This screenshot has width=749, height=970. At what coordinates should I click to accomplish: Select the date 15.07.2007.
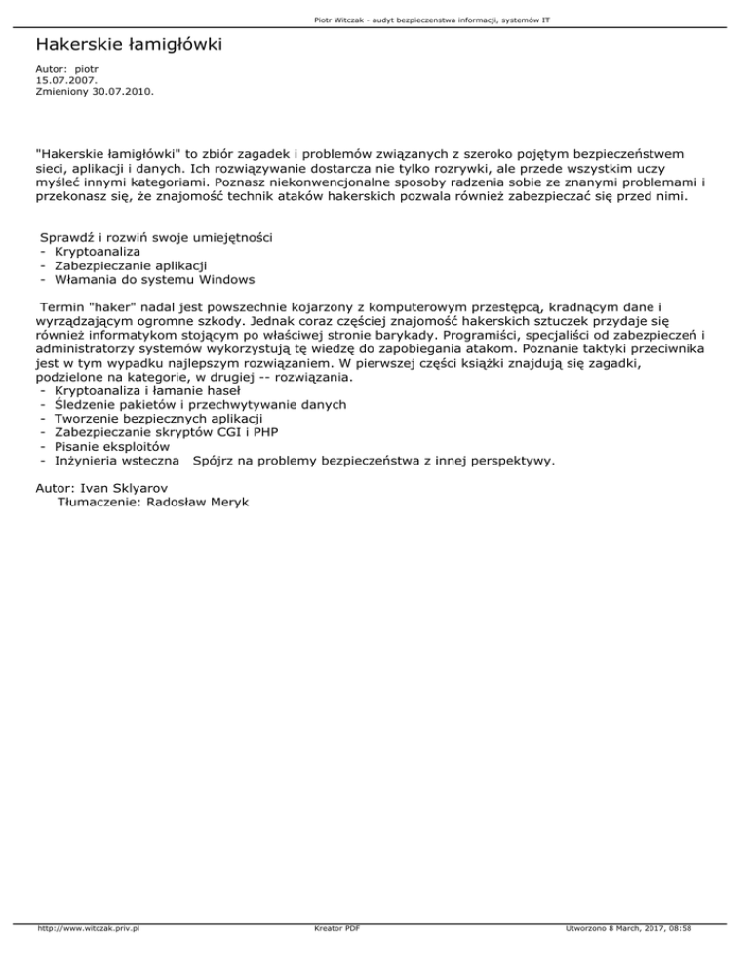point(59,81)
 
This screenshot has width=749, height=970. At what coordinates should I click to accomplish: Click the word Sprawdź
point(66,237)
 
